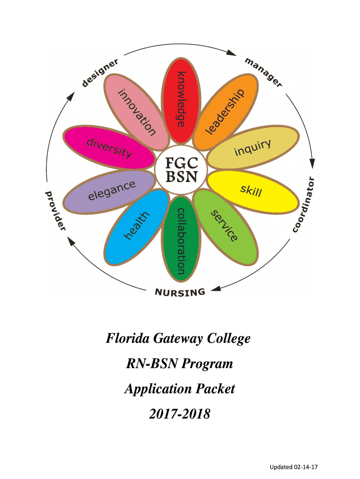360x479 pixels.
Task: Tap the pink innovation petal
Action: (137, 112)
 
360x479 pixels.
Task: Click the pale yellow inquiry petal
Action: (252, 149)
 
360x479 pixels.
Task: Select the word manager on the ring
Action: (264, 73)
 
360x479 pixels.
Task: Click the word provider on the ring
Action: (55, 210)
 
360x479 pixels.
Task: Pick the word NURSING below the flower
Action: (180, 293)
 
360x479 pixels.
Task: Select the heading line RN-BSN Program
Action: (180, 364)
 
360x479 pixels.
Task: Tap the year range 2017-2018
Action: (180, 414)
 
